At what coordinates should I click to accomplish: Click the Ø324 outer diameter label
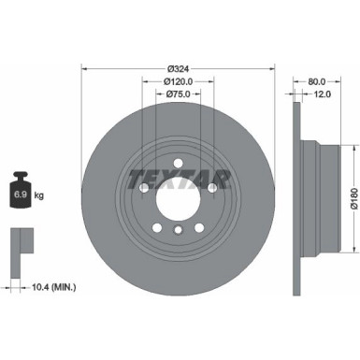pos(178,70)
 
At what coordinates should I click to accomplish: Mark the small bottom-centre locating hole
pos(178,228)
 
